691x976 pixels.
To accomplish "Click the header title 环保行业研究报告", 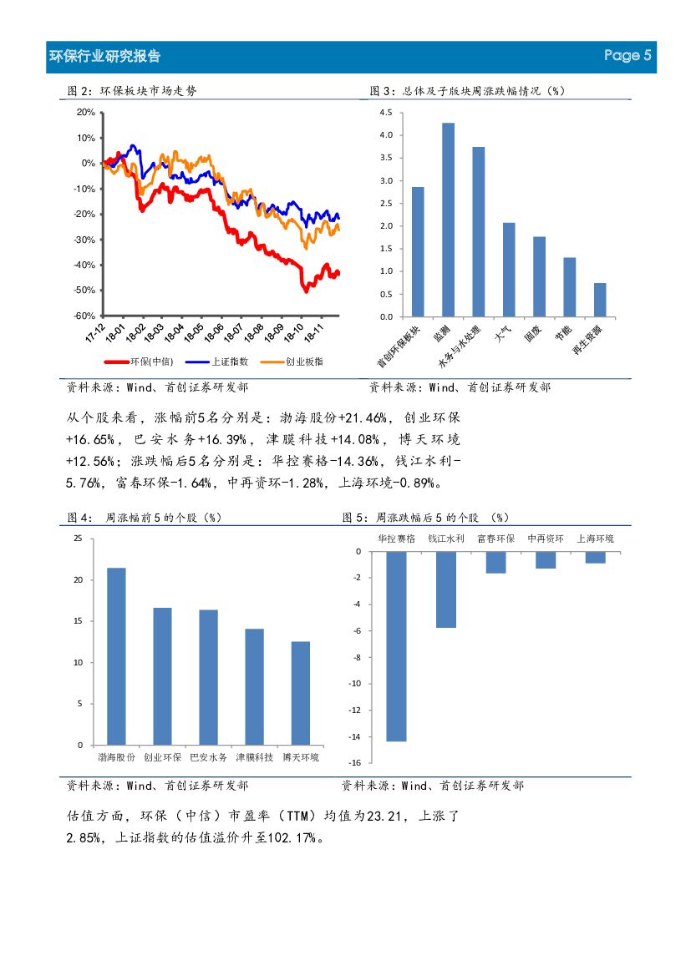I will point(105,57).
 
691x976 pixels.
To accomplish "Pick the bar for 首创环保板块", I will point(418,252).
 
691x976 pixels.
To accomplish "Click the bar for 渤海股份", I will point(116,656).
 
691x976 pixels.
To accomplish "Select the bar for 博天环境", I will point(301,693).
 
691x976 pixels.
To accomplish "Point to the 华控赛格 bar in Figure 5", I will point(396,646).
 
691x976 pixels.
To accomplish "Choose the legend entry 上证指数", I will point(208,362).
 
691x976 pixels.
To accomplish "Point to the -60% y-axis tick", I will point(85,316).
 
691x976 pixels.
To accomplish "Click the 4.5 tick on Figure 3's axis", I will point(385,113).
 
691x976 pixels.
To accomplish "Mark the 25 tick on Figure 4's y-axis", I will point(78,539).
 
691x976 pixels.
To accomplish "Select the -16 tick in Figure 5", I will point(354,763).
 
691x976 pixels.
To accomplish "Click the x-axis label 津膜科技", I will point(254,757).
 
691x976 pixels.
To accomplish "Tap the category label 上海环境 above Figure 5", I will point(595,539).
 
